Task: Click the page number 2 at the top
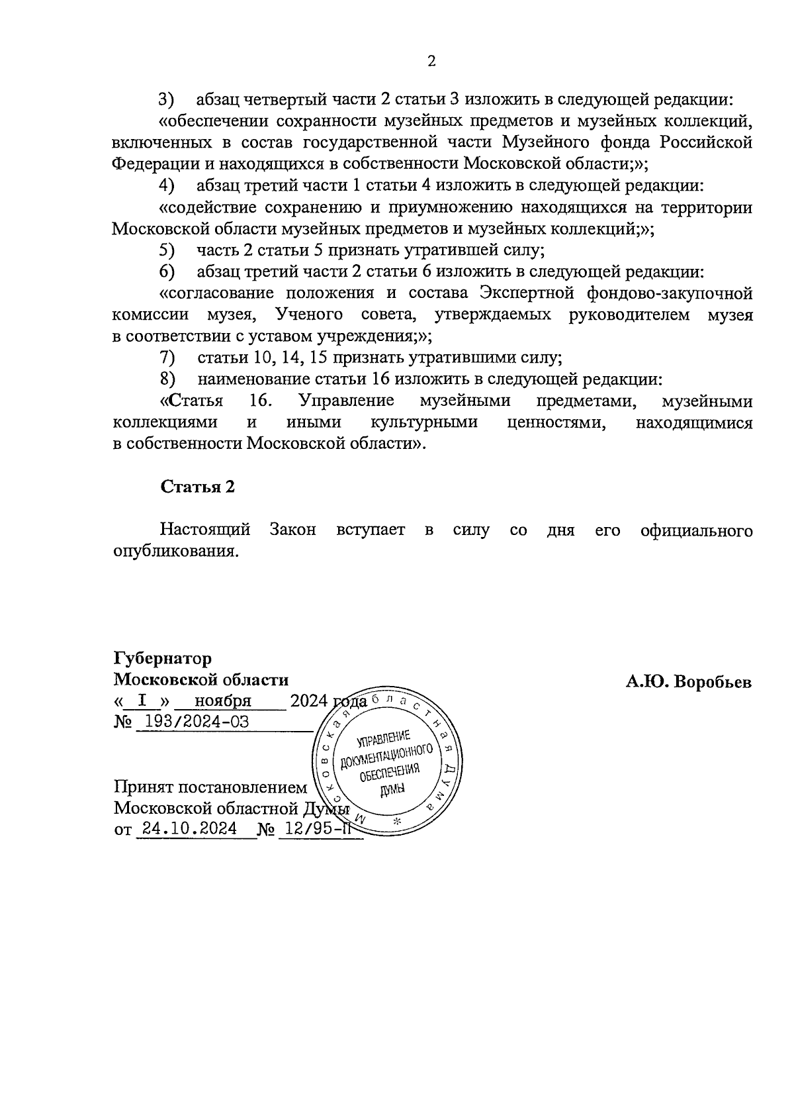[x=431, y=62]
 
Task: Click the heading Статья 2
[x=198, y=487]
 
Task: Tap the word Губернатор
[x=163, y=659]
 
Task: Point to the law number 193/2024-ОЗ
[x=192, y=722]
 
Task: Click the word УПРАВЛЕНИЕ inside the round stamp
[x=384, y=739]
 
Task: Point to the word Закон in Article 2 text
[x=292, y=530]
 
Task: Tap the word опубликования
[x=175, y=552]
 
